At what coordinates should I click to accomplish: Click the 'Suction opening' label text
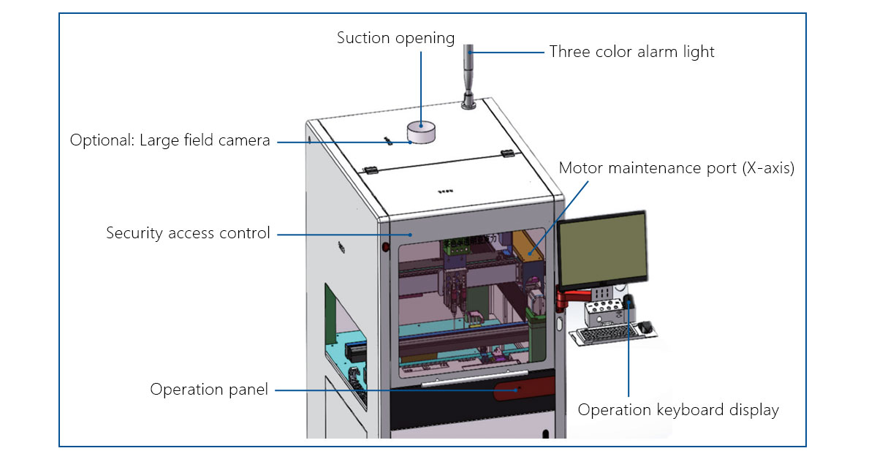pos(395,38)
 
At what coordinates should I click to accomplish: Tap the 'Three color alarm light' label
pos(631,51)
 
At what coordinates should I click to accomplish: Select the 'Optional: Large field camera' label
pos(170,140)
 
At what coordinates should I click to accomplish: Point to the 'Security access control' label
pos(188,233)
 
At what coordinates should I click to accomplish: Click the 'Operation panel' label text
pos(209,390)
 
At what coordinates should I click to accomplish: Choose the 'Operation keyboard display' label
pos(678,409)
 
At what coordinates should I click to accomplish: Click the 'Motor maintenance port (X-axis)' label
pos(676,168)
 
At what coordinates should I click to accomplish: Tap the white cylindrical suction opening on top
pos(421,132)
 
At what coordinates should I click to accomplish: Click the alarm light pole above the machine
pos(468,73)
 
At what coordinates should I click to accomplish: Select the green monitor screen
pos(602,249)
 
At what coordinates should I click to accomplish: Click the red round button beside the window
pos(384,248)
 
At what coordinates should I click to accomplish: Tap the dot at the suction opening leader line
pos(421,126)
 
